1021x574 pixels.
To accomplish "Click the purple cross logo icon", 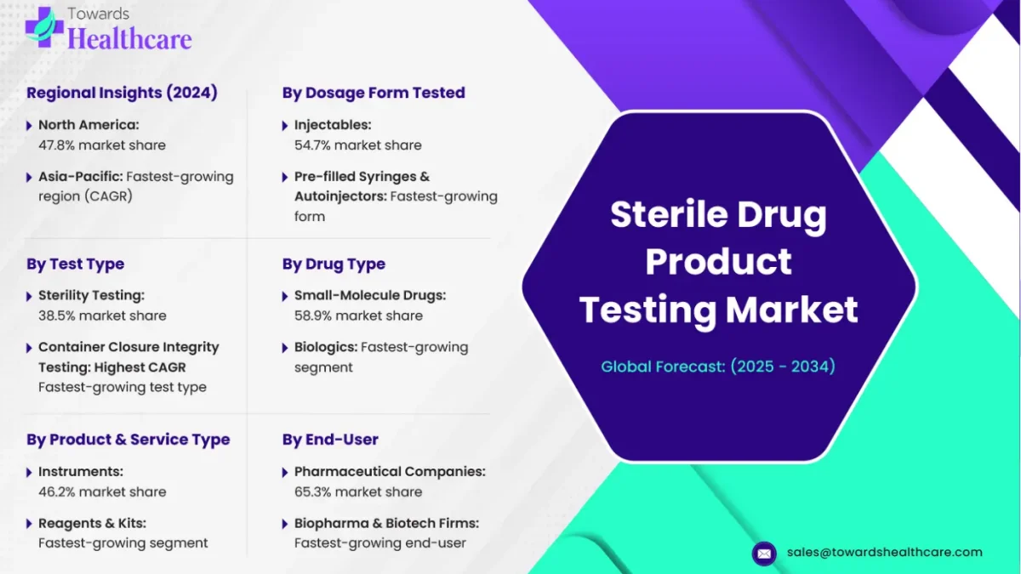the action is coord(44,27).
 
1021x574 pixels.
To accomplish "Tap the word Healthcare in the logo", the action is coord(129,38).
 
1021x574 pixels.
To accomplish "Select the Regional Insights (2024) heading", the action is coord(122,93).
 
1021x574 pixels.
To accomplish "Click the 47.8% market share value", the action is coord(102,145).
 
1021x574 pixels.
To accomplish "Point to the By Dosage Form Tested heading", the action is coord(374,93).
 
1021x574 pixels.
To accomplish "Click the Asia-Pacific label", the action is coord(81,176).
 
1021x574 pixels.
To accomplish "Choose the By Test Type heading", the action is coord(75,264).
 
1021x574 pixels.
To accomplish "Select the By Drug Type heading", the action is coord(334,264).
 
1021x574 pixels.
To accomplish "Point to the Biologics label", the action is coord(326,347).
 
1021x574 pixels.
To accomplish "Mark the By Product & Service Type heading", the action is coord(128,440).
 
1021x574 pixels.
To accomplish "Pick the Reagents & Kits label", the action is coord(92,524).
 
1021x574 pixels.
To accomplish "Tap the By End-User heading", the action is coord(330,440).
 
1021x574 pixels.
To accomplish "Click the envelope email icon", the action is coord(764,554).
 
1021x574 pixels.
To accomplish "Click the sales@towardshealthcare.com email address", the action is coord(884,552).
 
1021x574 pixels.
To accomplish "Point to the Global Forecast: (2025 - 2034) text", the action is coord(718,367).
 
